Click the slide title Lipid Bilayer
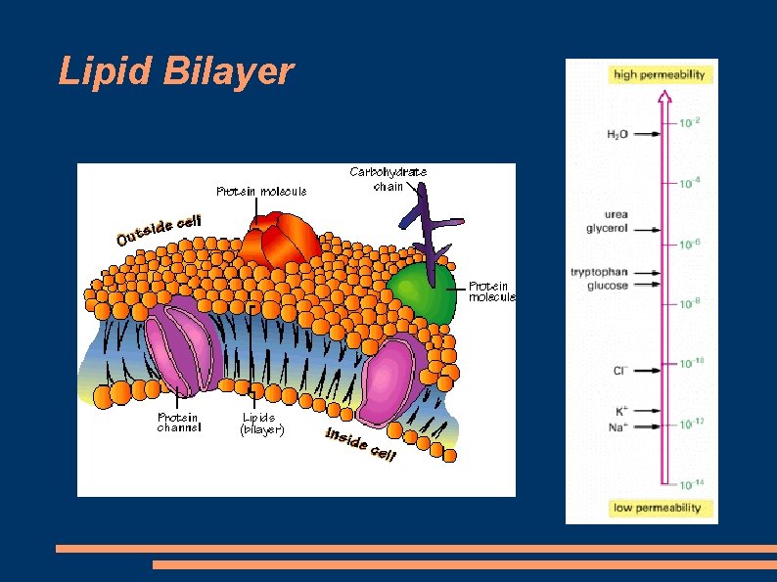coord(176,71)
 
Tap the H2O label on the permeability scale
coord(617,134)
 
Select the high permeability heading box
coord(659,74)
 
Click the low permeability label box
coord(658,508)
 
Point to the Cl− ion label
coord(620,371)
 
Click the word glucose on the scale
coord(608,286)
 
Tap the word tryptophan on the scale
coord(600,272)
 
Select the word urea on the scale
coord(617,214)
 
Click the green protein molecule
coord(422,291)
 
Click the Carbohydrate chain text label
coord(388,179)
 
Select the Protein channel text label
coord(179,423)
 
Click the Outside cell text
coord(158,230)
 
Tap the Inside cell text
coord(360,445)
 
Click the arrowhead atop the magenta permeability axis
coord(665,96)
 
